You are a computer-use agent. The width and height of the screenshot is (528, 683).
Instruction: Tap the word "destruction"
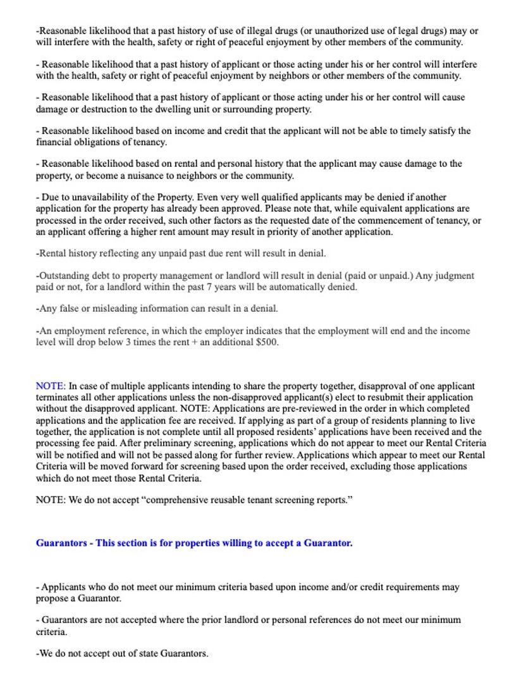(113, 109)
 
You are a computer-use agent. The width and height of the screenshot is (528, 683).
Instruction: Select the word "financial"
(54, 142)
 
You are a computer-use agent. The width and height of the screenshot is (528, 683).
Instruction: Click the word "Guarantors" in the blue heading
(61, 543)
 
